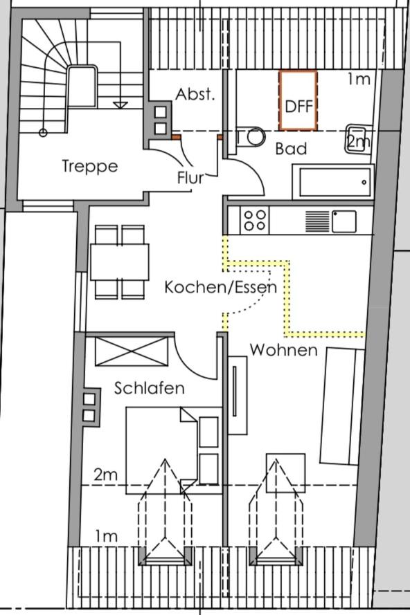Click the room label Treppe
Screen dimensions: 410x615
click(x=90, y=166)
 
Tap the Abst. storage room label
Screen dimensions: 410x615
click(x=195, y=95)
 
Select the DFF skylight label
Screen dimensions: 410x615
click(x=299, y=107)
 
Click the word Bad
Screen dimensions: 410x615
click(x=291, y=149)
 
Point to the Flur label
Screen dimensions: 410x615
click(x=191, y=178)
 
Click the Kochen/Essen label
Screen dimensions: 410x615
click(x=221, y=287)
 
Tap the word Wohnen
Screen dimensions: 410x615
click(x=283, y=350)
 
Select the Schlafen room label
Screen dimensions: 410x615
click(x=149, y=388)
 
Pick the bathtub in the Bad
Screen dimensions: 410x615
click(x=333, y=182)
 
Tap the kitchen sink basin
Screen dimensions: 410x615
click(x=344, y=221)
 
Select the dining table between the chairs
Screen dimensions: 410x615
click(x=120, y=262)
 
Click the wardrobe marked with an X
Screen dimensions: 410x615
click(x=132, y=351)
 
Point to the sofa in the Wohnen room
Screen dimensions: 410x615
click(x=341, y=406)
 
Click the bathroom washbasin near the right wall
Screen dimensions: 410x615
click(x=359, y=139)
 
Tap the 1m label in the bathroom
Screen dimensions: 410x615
click(x=359, y=80)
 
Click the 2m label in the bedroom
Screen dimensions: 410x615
click(x=106, y=475)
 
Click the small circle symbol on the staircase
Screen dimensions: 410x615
click(x=43, y=133)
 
